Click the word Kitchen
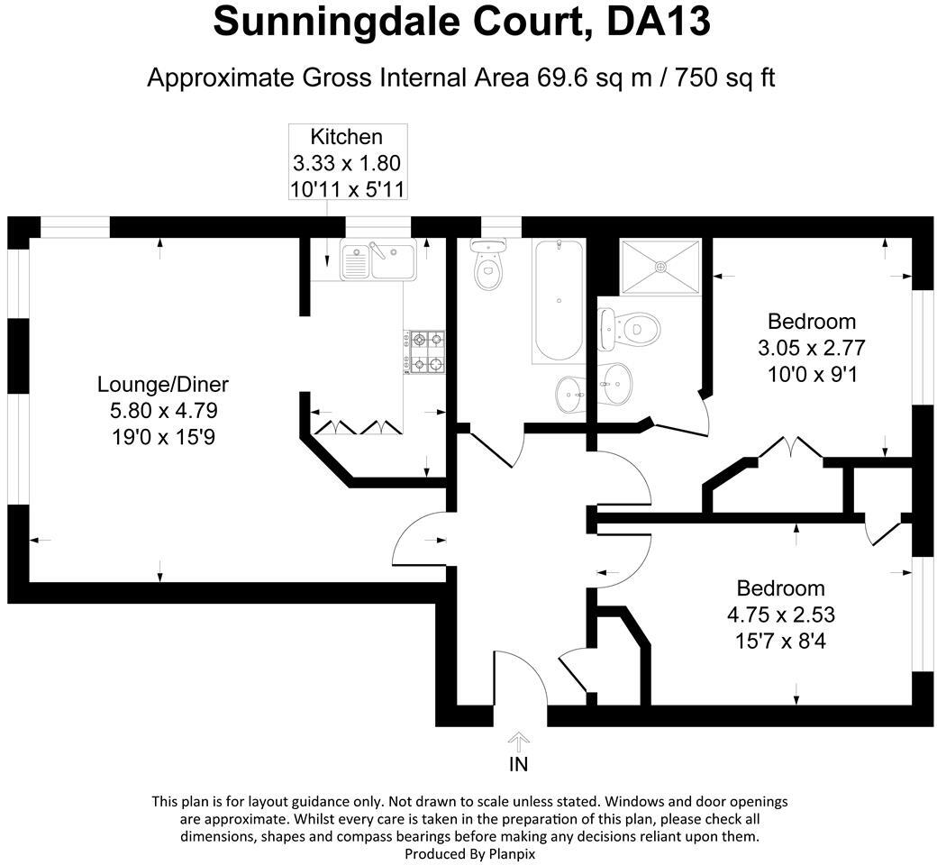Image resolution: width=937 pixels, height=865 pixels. (346, 137)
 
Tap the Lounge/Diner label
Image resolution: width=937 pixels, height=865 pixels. (163, 385)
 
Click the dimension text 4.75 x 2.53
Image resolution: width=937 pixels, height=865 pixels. (780, 616)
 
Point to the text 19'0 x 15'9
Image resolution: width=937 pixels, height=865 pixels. (163, 439)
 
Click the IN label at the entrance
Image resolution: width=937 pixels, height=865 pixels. (519, 765)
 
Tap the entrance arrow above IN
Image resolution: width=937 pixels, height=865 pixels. (519, 741)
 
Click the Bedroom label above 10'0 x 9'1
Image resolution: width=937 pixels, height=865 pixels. (811, 321)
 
